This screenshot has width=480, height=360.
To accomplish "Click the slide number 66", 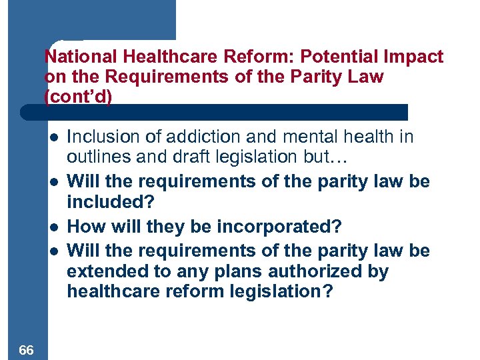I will pyautogui.click(x=27, y=350).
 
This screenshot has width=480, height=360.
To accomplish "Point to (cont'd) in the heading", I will pyautogui.click(x=79, y=96).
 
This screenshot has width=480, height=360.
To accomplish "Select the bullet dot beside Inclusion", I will pyautogui.click(x=53, y=137).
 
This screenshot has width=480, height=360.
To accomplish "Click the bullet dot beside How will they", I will pyautogui.click(x=53, y=227).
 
